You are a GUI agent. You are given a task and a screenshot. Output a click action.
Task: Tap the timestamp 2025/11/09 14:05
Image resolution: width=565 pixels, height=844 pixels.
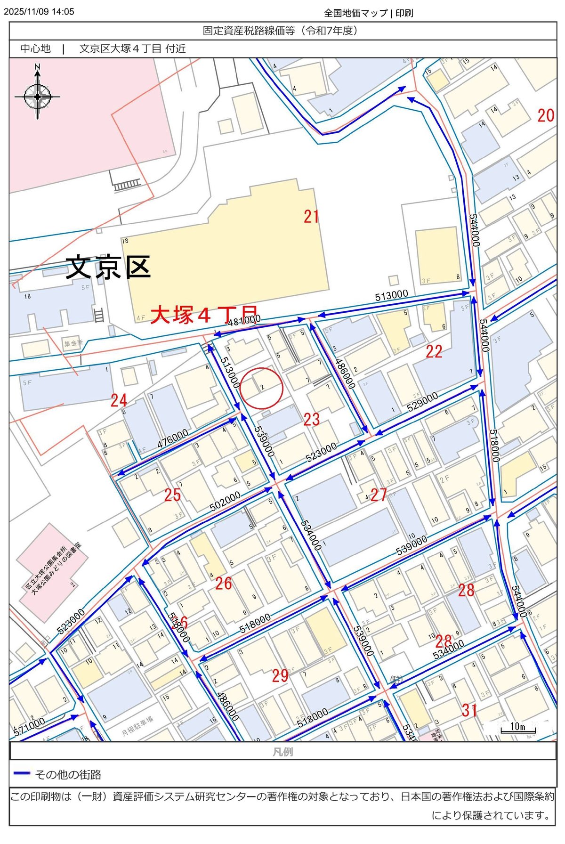(39, 12)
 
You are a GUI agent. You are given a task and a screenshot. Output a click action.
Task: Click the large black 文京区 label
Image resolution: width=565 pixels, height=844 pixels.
(108, 267)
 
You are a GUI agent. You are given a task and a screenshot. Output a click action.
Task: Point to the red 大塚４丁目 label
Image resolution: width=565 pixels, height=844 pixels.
(204, 315)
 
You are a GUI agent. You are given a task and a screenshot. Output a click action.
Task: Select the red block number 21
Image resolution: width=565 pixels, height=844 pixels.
(311, 217)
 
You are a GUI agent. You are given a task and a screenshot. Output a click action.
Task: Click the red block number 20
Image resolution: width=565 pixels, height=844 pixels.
(546, 115)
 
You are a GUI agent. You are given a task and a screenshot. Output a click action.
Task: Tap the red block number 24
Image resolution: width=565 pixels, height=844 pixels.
(119, 400)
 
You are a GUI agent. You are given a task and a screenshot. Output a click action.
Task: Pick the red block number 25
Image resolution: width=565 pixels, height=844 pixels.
(172, 495)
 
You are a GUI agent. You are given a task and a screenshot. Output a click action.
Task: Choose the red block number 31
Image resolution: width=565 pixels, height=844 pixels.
(469, 710)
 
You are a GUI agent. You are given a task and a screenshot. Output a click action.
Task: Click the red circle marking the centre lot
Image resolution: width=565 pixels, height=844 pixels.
(261, 388)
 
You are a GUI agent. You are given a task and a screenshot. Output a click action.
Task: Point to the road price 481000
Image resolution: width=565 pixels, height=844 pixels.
(244, 320)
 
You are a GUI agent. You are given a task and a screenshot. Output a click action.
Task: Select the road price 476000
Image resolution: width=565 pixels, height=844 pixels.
(173, 438)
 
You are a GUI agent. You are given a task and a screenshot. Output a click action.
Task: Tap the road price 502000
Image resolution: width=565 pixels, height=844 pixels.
(225, 501)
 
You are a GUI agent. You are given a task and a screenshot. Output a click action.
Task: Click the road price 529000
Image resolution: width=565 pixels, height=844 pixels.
(422, 402)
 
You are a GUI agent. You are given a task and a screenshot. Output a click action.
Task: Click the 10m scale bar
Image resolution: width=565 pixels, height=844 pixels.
(517, 728)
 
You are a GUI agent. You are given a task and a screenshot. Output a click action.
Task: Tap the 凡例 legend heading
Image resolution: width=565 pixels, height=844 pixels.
(282, 752)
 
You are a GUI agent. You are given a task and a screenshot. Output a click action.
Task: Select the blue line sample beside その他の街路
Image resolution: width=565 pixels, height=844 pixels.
(22, 773)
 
